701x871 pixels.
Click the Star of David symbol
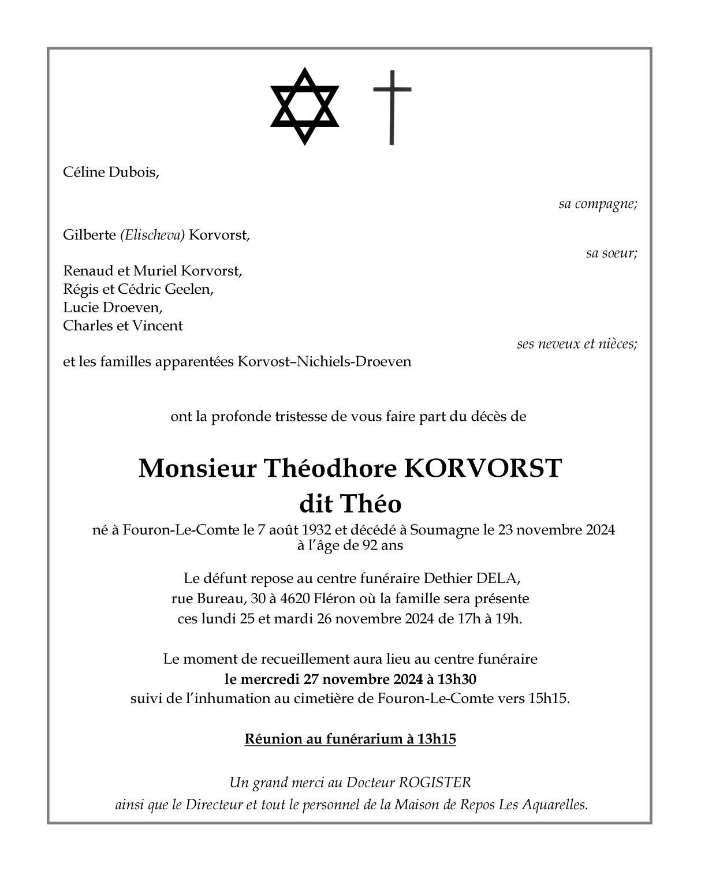coord(304,107)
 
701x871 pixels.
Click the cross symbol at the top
coord(392,107)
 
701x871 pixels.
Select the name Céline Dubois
coord(110,172)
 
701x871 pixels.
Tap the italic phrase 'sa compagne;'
coord(598,204)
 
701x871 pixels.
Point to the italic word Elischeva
coord(152,235)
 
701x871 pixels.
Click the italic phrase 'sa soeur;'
coord(611,253)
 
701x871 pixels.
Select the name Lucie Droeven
coord(113,307)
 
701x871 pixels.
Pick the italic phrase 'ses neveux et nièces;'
coord(577,344)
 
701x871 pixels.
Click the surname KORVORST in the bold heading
coord(482,468)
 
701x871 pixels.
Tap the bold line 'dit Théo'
coord(350,504)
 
